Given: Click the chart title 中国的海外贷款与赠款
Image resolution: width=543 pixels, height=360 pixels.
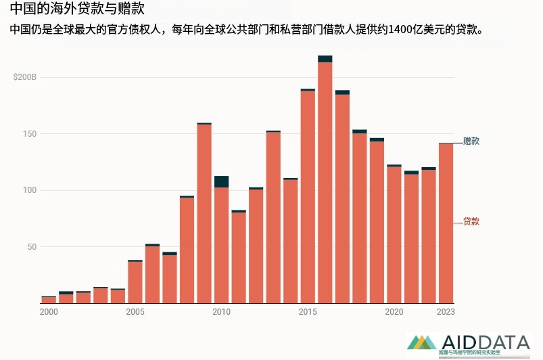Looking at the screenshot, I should coord(77,10).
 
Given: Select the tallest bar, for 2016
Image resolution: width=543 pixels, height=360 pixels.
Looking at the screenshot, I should coord(325,183).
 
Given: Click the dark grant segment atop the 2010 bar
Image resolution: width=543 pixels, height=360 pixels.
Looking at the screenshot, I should coord(221,181).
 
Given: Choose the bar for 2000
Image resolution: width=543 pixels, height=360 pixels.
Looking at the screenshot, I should coord(49,300).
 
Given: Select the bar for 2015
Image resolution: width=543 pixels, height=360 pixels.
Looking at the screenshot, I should coord(308,196).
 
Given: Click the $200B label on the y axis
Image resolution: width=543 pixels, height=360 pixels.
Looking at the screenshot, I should coord(25,77).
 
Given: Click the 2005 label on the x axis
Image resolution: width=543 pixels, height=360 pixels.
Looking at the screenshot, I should coord(135,312).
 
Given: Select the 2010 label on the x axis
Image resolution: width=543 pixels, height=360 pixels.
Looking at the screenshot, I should coord(221,312).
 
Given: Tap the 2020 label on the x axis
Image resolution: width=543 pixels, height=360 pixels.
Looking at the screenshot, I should coord(394,312).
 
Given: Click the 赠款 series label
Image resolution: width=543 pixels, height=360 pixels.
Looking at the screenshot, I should coord(471,141).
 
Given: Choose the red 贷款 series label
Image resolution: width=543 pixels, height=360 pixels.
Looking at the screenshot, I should coord(471,221).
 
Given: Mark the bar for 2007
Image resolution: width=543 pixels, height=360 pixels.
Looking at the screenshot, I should coord(170,277).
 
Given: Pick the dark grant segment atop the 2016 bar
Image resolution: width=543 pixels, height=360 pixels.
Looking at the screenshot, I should coord(325,59).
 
